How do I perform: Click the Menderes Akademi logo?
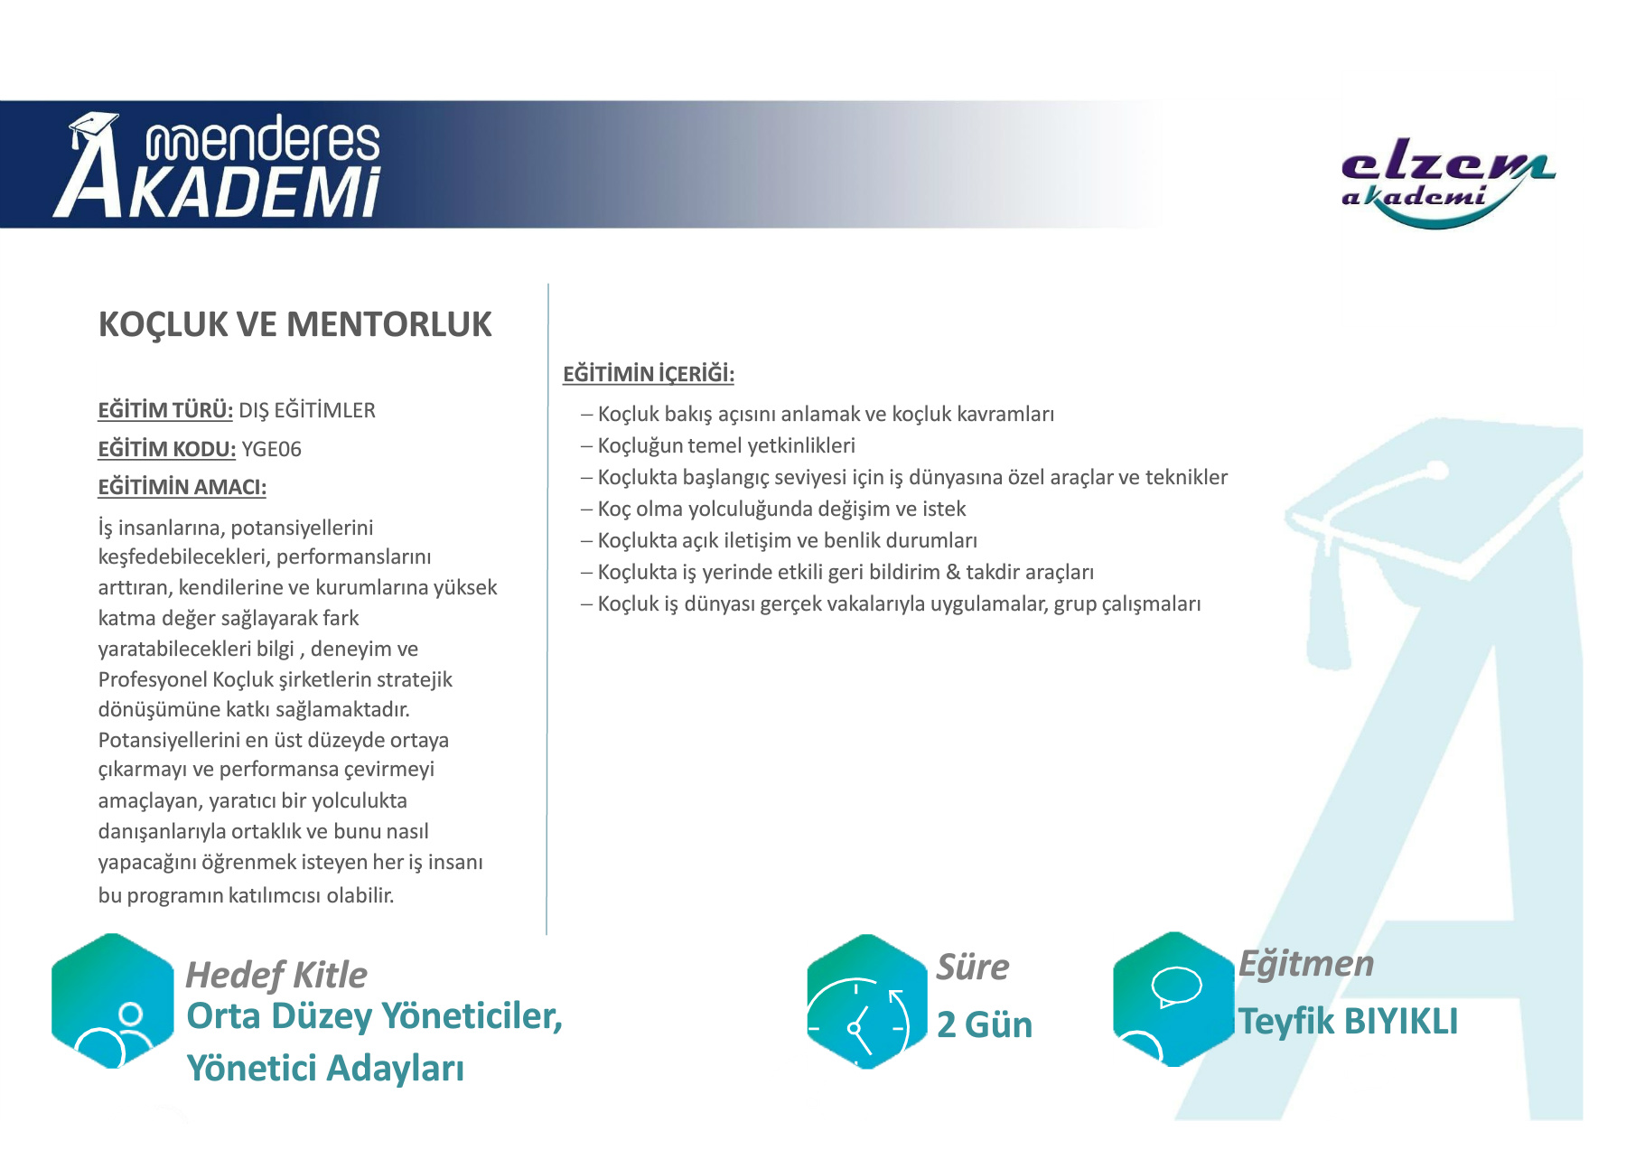pos(217,165)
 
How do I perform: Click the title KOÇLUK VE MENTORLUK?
pos(294,324)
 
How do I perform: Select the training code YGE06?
pos(272,449)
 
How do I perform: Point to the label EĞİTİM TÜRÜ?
pos(165,410)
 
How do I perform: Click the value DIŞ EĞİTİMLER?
pos(307,410)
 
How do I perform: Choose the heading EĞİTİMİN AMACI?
pos(182,487)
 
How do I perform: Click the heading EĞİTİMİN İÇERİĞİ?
pos(648,373)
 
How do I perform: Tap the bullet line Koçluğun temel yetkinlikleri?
pos(718,445)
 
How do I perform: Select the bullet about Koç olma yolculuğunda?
pos(773,509)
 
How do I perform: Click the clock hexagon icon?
pos(866,1001)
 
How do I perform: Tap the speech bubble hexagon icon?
pos(1173,999)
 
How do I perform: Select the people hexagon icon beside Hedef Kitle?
pos(113,1001)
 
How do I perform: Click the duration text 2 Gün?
pos(985,1024)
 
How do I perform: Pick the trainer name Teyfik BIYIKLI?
pos(1348,1022)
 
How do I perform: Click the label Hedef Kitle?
pos(276,975)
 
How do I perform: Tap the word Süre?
pos(973,967)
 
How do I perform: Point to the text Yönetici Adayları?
pos(325,1068)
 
